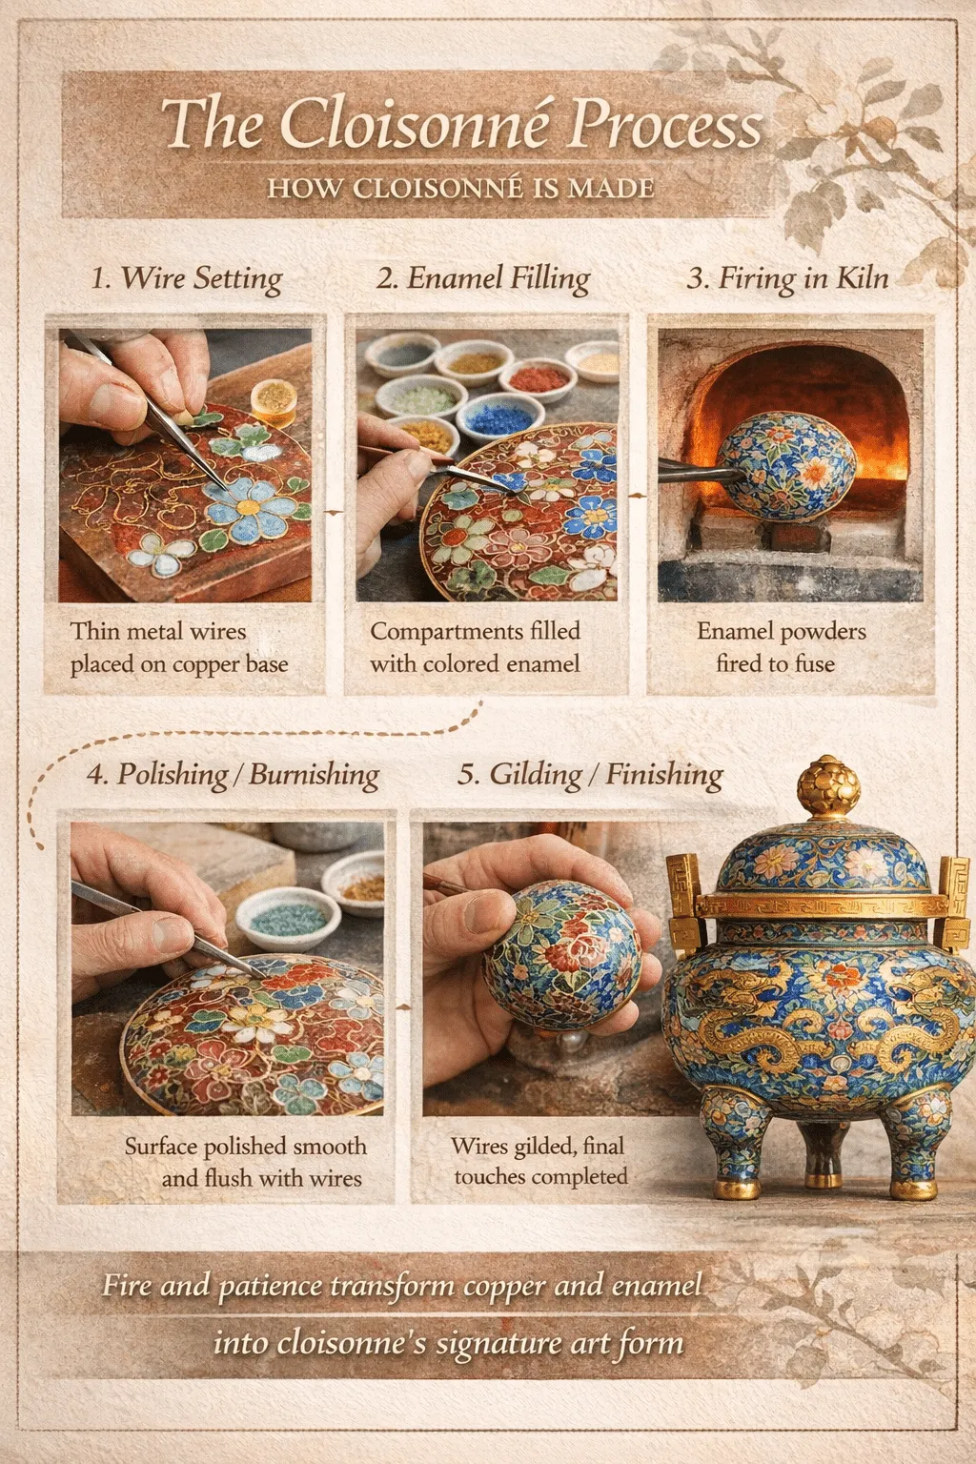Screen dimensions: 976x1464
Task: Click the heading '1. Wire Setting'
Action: pos(187,279)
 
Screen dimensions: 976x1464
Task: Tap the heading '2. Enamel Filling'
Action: pos(483,279)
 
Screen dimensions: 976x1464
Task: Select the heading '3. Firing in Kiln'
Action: pos(787,279)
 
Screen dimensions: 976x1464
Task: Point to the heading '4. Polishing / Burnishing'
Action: pos(233,775)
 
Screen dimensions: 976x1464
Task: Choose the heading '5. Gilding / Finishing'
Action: pos(590,775)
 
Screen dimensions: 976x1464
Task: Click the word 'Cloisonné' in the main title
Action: pos(415,124)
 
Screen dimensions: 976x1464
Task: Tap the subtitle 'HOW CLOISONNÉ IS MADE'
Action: pos(461,188)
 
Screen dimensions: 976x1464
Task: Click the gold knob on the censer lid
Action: pos(827,786)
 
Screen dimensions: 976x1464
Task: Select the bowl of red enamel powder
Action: pos(538,379)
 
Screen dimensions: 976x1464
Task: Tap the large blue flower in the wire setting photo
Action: pos(248,507)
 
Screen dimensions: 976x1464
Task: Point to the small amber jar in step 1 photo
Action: pos(274,401)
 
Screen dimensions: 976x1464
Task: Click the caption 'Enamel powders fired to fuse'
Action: pos(781,648)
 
